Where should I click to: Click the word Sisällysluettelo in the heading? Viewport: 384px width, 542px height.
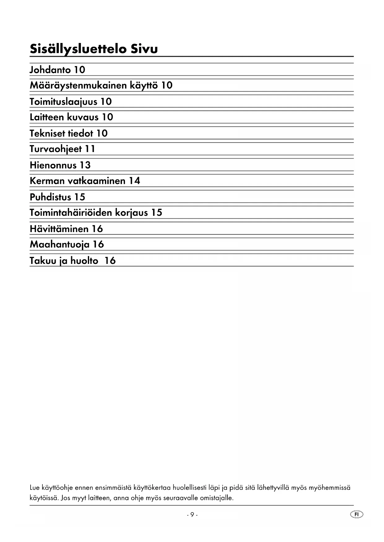tap(78, 49)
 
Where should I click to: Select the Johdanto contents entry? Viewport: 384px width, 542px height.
tap(50, 70)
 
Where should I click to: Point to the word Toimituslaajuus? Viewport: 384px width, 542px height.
tap(63, 102)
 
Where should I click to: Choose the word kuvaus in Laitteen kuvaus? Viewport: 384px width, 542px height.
tap(83, 117)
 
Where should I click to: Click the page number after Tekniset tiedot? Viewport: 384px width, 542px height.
tap(102, 133)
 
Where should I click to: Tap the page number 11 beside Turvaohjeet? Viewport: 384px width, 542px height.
tap(90, 149)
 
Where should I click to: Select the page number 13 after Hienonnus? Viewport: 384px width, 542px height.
tap(85, 165)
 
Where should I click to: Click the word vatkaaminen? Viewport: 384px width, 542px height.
tap(96, 181)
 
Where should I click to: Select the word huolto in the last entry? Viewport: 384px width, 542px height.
tap(84, 261)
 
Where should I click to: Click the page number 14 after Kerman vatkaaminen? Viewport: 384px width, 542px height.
tap(135, 181)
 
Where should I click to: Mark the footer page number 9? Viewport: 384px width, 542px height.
tap(192, 514)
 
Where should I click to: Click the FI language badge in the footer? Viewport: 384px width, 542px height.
tap(357, 514)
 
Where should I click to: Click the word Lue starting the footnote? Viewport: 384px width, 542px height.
tap(35, 488)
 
